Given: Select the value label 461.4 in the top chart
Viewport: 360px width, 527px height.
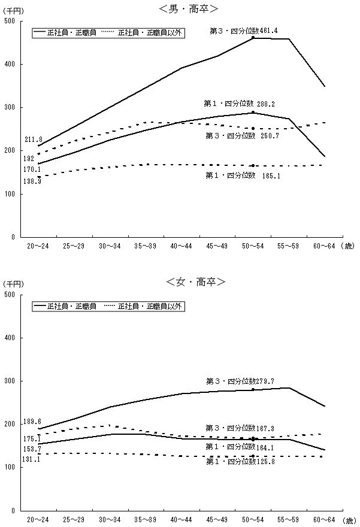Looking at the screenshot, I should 267,30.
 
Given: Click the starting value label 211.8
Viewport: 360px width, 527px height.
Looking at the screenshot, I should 33,140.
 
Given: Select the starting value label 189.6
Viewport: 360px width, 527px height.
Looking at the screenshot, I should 33,421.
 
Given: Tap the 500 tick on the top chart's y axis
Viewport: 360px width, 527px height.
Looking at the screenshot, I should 10,21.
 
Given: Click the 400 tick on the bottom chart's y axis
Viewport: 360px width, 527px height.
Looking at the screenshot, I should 10,338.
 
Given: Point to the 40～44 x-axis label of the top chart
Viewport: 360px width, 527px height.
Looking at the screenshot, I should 181,246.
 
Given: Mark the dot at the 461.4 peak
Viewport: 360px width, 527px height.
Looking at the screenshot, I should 253,38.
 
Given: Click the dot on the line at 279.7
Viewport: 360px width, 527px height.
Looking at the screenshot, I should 253,390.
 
